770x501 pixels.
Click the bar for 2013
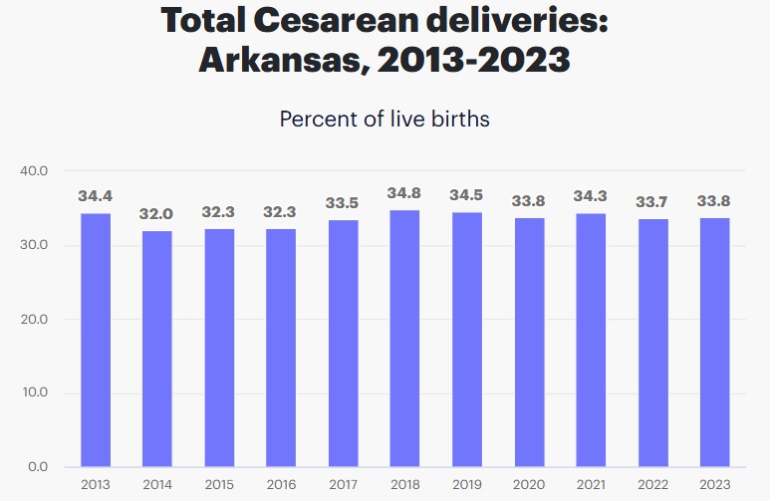(x=96, y=340)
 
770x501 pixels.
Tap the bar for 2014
(x=157, y=349)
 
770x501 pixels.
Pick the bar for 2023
(x=713, y=342)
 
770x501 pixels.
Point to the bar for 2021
(x=590, y=340)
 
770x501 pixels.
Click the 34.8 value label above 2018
(x=404, y=192)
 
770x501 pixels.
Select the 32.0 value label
(x=157, y=213)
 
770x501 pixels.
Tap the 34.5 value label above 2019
(x=466, y=195)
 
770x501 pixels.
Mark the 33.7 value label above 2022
(x=651, y=202)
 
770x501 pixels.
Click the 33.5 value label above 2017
(x=343, y=203)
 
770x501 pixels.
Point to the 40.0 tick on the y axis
(x=34, y=171)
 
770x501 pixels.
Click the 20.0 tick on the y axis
(x=34, y=320)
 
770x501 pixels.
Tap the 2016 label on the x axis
(x=281, y=484)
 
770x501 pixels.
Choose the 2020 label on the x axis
(x=528, y=484)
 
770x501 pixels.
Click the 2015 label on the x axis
(x=219, y=484)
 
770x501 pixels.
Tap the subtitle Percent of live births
(x=385, y=120)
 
